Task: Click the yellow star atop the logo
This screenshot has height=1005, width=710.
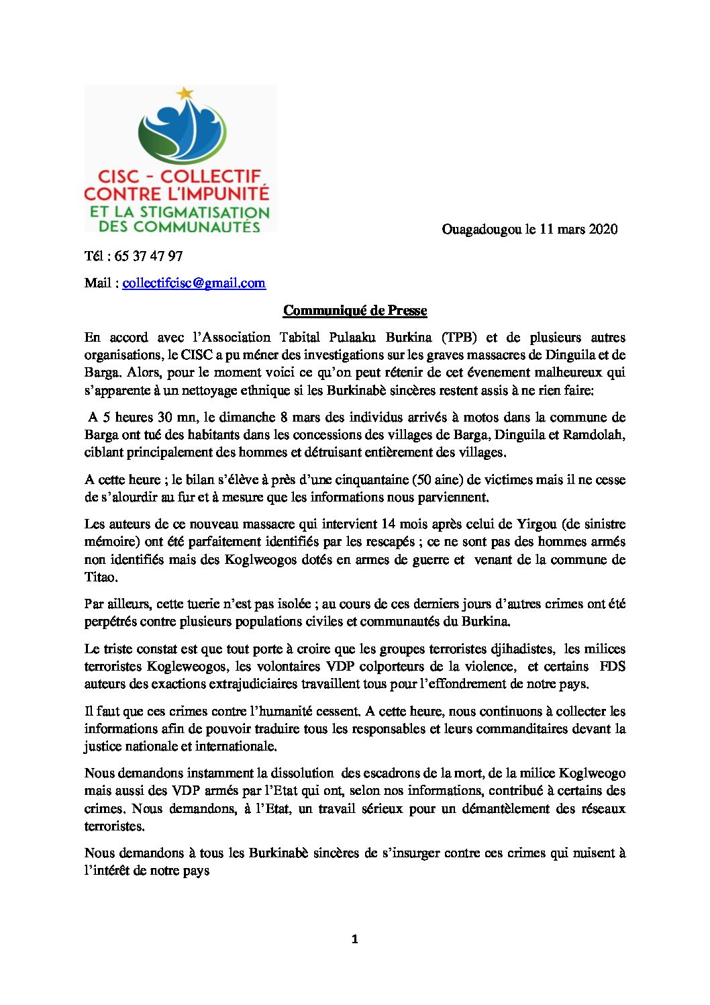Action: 185,93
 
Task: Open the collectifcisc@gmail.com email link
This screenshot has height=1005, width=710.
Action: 194,283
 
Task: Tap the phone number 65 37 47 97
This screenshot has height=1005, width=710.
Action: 148,256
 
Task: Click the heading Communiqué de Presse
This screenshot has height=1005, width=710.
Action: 355,310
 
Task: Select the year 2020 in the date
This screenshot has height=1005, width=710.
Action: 603,229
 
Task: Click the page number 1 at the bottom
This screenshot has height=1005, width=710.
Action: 355,939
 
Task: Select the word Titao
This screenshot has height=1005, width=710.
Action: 101,577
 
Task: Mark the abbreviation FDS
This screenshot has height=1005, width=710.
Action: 612,666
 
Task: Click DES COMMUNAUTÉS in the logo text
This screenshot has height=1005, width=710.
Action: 179,226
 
